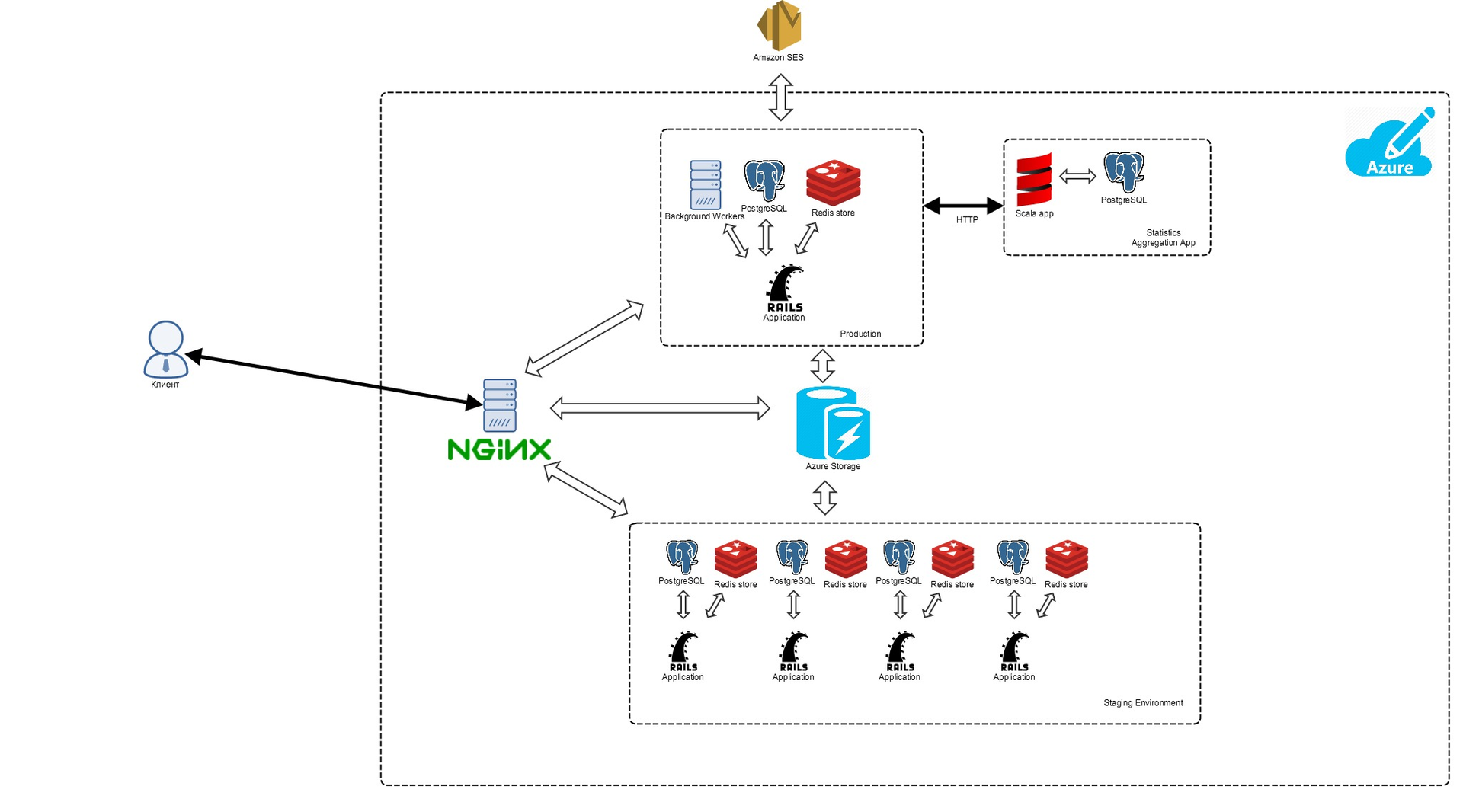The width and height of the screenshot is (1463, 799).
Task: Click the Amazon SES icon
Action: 779,26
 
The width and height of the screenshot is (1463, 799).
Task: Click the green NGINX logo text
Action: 499,449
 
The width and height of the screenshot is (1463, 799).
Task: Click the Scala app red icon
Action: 1034,180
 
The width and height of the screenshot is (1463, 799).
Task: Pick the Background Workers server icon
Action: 705,184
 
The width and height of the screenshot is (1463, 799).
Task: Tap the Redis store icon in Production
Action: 833,183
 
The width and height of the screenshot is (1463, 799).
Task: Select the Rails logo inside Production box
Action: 784,288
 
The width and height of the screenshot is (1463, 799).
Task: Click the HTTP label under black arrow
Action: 967,220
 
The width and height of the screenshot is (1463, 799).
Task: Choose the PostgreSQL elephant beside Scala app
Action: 1124,172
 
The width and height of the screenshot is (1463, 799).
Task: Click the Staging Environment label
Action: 1143,703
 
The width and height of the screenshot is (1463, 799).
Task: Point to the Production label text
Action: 860,334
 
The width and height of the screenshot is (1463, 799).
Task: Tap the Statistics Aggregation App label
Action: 1163,238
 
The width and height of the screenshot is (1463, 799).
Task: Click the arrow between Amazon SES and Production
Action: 780,97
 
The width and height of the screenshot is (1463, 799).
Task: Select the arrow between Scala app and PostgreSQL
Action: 1077,177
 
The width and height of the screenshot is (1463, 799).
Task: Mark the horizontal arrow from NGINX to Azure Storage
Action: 660,408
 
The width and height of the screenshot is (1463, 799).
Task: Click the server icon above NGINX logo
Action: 500,405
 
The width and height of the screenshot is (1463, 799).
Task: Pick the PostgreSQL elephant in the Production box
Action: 764,181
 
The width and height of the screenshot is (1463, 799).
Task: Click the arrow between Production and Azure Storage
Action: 822,366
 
